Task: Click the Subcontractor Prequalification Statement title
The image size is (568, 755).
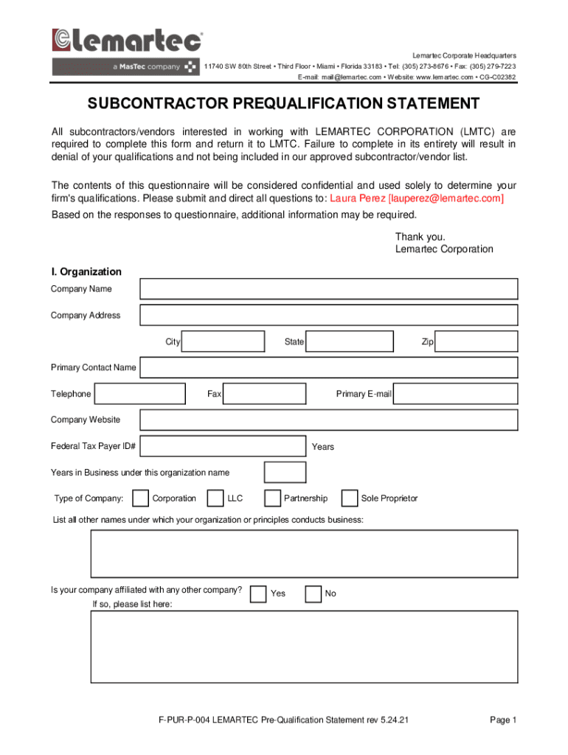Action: (284, 103)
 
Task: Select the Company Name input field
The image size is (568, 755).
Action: (328, 289)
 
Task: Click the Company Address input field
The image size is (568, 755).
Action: (328, 316)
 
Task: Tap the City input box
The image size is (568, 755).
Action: (223, 342)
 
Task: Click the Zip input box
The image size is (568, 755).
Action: (477, 342)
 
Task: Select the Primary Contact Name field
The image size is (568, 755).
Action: (328, 368)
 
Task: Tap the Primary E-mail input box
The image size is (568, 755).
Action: (455, 394)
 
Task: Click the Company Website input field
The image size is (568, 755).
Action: (328, 420)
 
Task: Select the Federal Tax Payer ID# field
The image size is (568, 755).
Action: (223, 446)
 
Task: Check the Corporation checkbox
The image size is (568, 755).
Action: (140, 499)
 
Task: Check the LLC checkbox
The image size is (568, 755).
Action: (215, 499)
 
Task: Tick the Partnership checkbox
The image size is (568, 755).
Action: (272, 499)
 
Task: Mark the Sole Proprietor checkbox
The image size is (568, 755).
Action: (350, 499)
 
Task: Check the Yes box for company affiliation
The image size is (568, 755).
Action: (258, 594)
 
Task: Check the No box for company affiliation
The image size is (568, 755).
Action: (314, 594)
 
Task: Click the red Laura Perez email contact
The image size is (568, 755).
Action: (417, 199)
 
